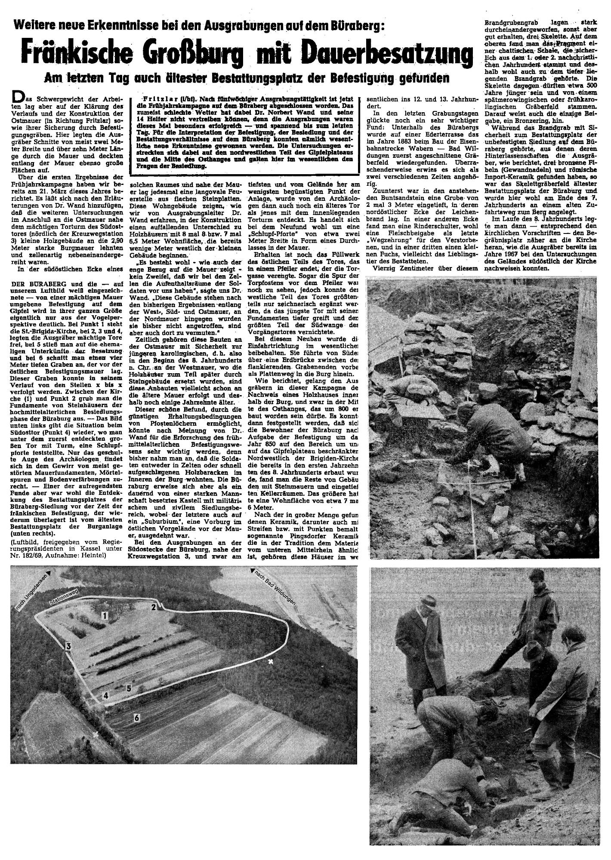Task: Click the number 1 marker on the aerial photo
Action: click(104, 616)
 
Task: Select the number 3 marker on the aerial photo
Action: click(68, 646)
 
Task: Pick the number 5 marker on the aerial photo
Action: click(128, 688)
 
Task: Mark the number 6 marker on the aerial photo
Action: click(136, 717)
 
